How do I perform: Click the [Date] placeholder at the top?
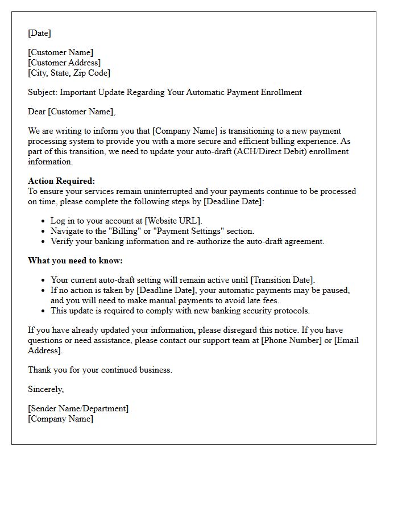39,33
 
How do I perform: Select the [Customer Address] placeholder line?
64,63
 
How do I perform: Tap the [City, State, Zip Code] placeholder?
69,73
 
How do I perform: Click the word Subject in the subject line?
43,92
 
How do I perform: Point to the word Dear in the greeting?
37,112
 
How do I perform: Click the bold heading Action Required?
61,181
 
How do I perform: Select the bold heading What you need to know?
75,261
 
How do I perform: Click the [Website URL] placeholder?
173,221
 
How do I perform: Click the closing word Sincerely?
45,389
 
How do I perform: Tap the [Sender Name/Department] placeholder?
78,408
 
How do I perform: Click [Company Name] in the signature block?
61,419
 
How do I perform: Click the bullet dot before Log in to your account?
44,221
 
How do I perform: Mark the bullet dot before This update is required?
44,311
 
